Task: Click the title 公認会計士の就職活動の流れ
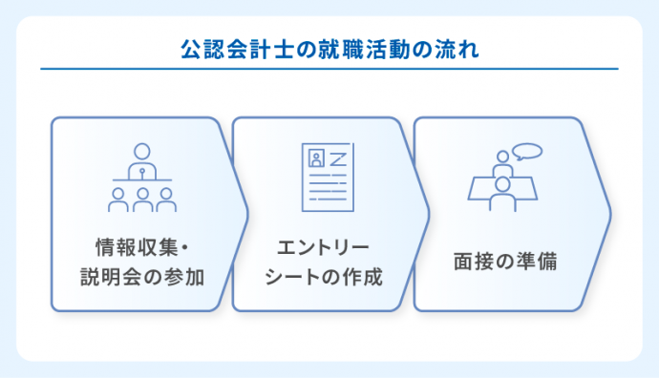[329, 47]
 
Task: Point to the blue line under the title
[329, 69]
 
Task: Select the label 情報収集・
[142, 249]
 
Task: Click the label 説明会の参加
[142, 278]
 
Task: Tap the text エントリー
[323, 249]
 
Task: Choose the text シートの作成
[323, 278]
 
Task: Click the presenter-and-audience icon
[141, 178]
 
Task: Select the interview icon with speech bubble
[503, 178]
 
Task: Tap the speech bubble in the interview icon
[526, 151]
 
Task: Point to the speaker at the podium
[141, 158]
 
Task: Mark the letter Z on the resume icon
[336, 157]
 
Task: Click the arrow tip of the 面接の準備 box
[609, 214]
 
